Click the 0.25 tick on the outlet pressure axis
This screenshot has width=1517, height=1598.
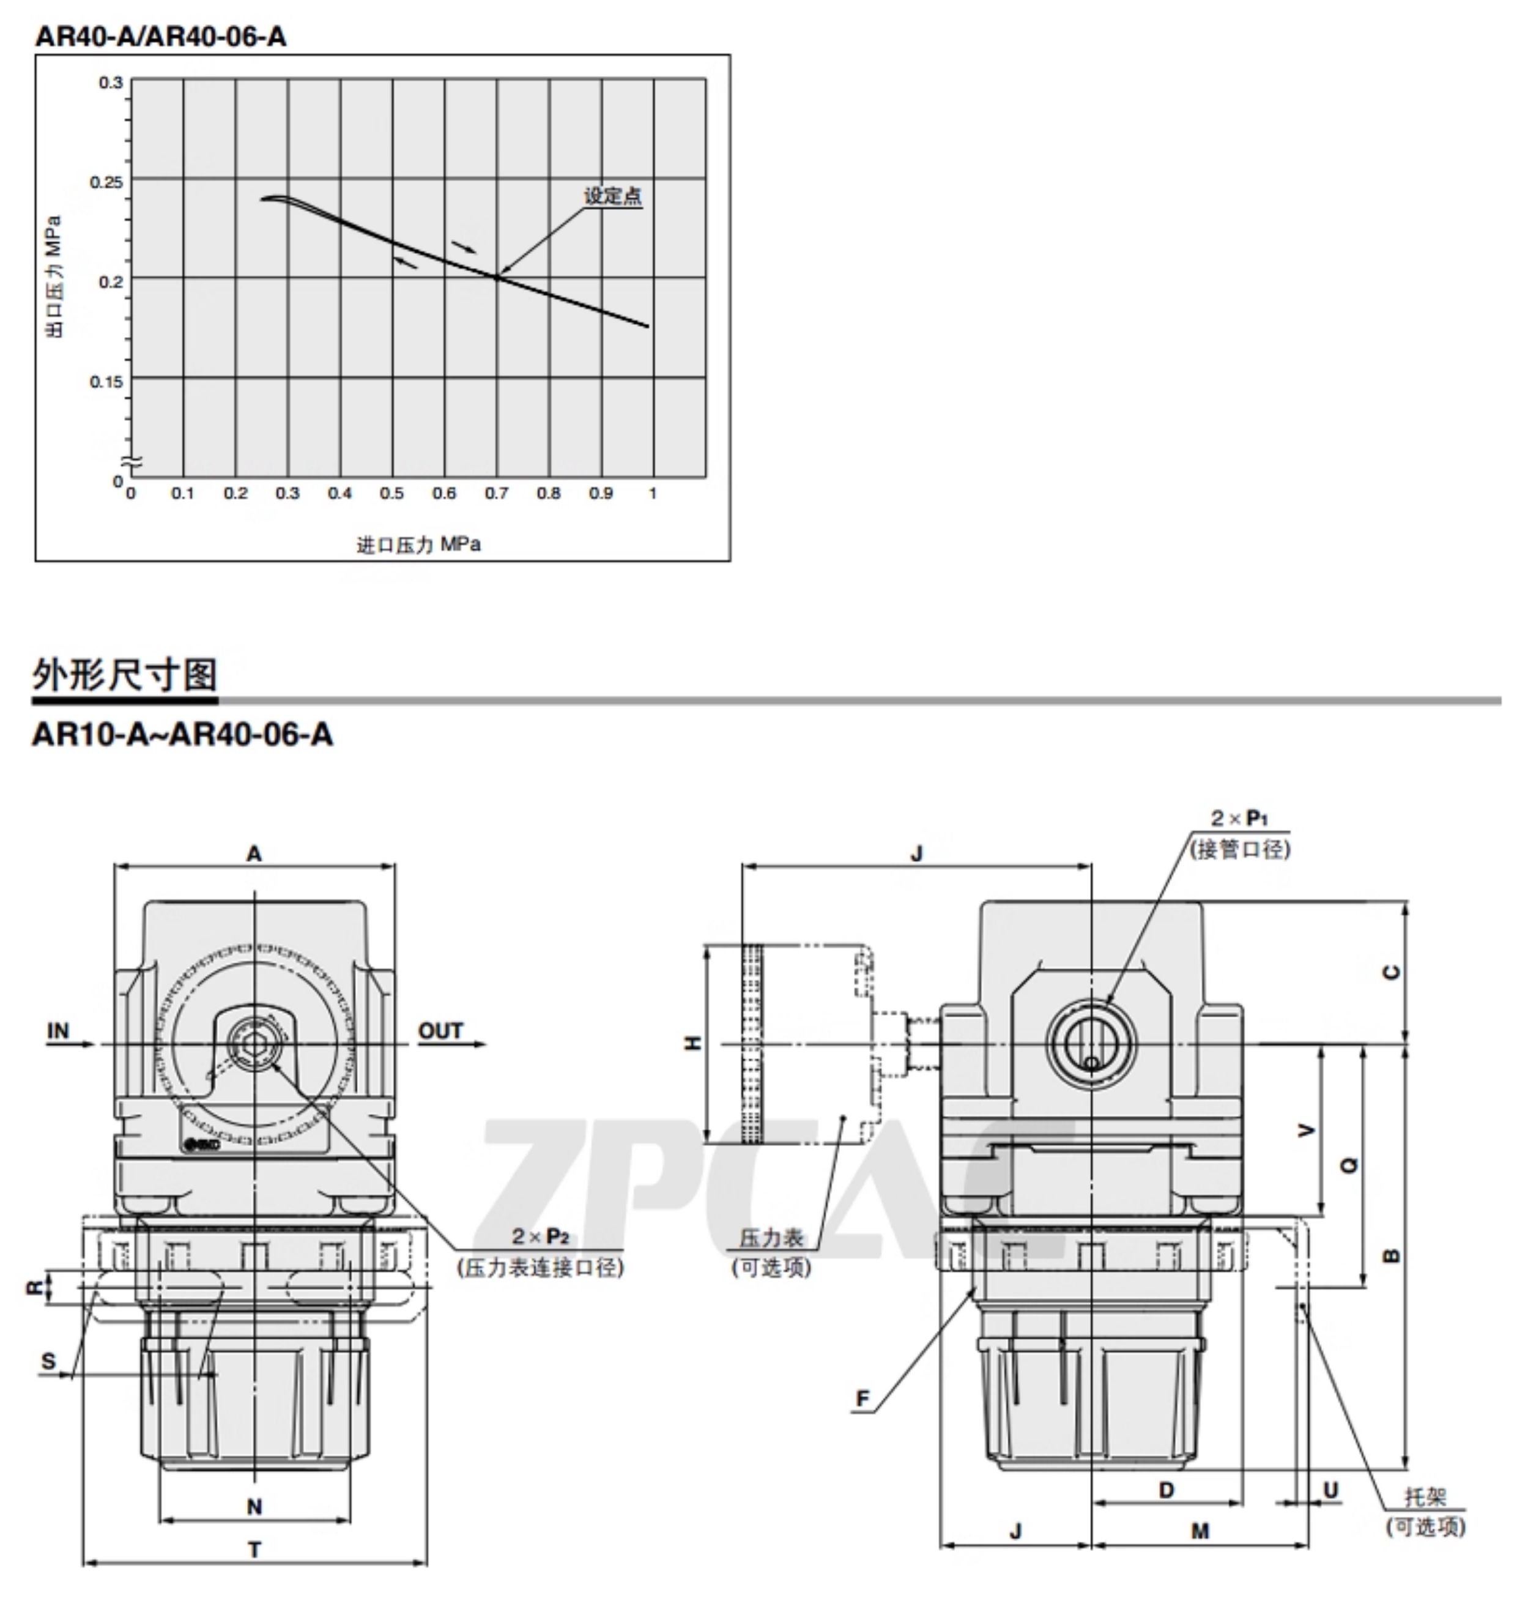[x=106, y=181]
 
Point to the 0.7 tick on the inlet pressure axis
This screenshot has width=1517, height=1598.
[x=497, y=493]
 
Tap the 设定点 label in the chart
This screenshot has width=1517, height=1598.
[x=613, y=196]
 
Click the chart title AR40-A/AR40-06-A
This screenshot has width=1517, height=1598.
[x=160, y=36]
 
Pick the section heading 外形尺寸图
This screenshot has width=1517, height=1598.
[x=125, y=674]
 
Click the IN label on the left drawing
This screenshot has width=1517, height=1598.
[x=58, y=1031]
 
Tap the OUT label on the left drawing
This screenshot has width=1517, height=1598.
[x=440, y=1031]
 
